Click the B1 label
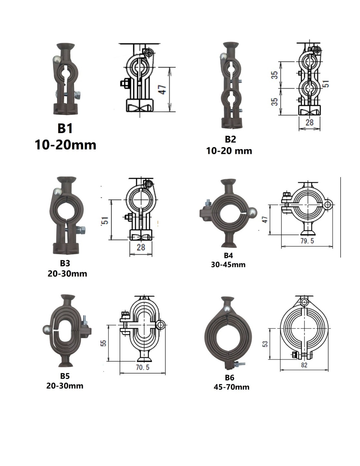click(65, 128)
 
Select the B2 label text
click(230, 139)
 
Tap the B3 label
click(65, 263)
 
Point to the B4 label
click(228, 255)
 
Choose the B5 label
click(65, 376)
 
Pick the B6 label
click(230, 377)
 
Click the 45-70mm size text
click(232, 387)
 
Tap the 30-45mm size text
click(228, 265)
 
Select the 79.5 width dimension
click(307, 241)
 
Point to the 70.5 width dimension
click(142, 367)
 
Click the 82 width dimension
click(304, 365)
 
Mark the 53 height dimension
click(265, 344)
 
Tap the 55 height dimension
click(104, 343)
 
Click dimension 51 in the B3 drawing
click(105, 220)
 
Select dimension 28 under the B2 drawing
click(309, 122)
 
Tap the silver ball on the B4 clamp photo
click(252, 213)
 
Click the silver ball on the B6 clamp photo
click(228, 309)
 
